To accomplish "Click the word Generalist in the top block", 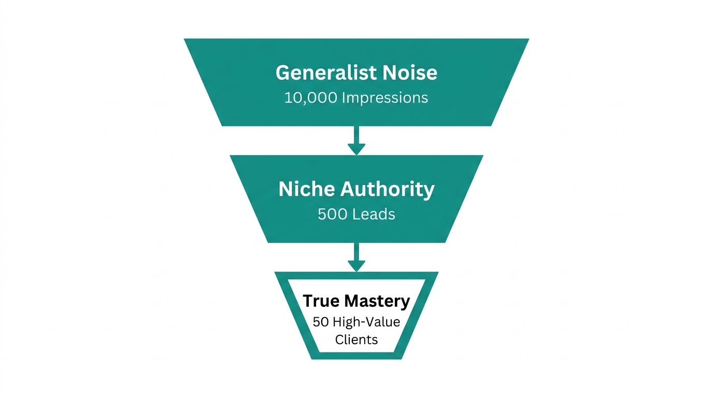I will pos(326,73).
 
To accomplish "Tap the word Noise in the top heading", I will pos(410,73).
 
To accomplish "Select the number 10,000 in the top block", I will pos(311,98).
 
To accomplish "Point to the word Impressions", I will pos(385,98).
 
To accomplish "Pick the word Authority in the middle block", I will pos(387,189).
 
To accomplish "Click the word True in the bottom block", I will pos(321,301).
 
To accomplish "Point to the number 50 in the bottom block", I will pos(321,322).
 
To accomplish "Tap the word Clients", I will pos(356,340).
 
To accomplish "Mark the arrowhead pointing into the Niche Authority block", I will pos(356,149).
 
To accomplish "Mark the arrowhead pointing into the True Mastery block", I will pos(356,266).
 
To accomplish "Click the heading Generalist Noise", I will pos(356,73).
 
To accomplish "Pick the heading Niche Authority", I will pos(356,189).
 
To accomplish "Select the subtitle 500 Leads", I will pos(356,214).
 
